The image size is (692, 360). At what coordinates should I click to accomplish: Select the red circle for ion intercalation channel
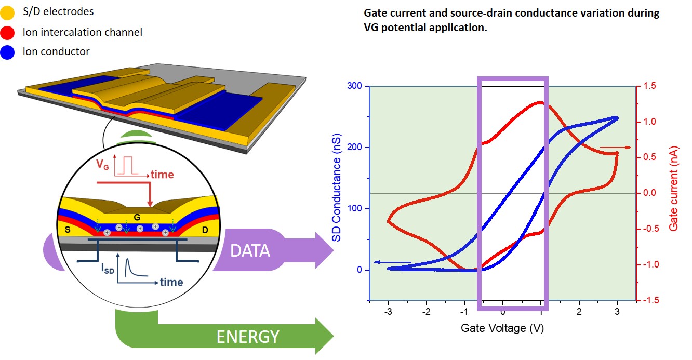click(x=8, y=32)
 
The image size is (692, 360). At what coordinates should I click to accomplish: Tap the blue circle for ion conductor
click(x=8, y=51)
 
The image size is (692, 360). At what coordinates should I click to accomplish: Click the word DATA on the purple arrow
click(x=250, y=251)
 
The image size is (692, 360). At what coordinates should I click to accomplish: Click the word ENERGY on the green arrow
click(x=248, y=337)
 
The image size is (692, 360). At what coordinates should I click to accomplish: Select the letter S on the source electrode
click(x=67, y=228)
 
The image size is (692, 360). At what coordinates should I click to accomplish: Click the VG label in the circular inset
click(x=103, y=165)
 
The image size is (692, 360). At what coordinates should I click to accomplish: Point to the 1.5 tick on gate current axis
click(x=650, y=86)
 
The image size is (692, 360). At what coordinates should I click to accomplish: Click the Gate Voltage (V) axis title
click(x=502, y=328)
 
